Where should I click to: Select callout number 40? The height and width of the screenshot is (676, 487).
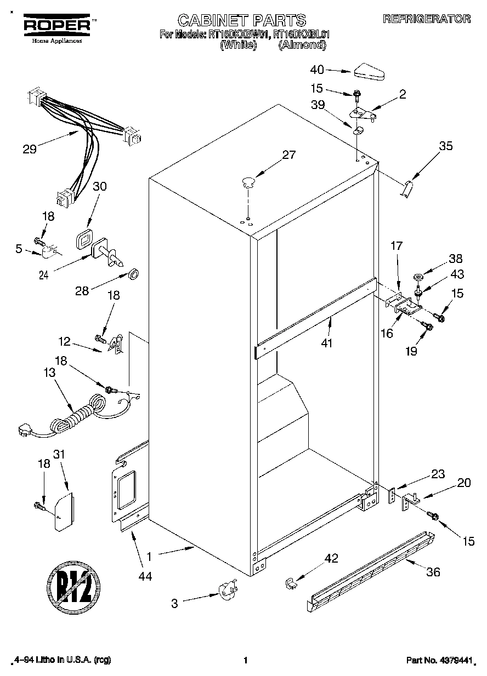point(317,70)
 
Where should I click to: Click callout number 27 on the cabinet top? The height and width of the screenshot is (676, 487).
point(288,155)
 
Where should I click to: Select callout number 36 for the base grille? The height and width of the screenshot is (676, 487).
point(433,573)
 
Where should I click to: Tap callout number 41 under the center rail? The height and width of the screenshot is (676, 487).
point(327,343)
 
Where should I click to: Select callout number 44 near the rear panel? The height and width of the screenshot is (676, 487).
point(145,576)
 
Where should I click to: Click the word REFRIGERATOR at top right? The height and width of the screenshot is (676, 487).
point(426,19)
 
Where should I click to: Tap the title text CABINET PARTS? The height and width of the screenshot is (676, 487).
point(241,21)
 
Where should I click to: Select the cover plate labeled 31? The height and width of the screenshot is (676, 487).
point(64,513)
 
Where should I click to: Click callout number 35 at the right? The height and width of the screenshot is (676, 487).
point(446,146)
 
